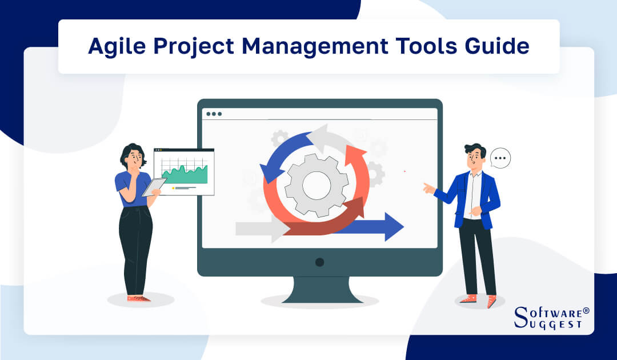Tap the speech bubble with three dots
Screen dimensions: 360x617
point(500,158)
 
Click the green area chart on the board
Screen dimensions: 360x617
point(184,172)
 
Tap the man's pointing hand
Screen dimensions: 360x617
point(428,186)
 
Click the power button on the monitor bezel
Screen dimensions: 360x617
point(319,262)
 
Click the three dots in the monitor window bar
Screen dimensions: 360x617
point(214,114)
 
